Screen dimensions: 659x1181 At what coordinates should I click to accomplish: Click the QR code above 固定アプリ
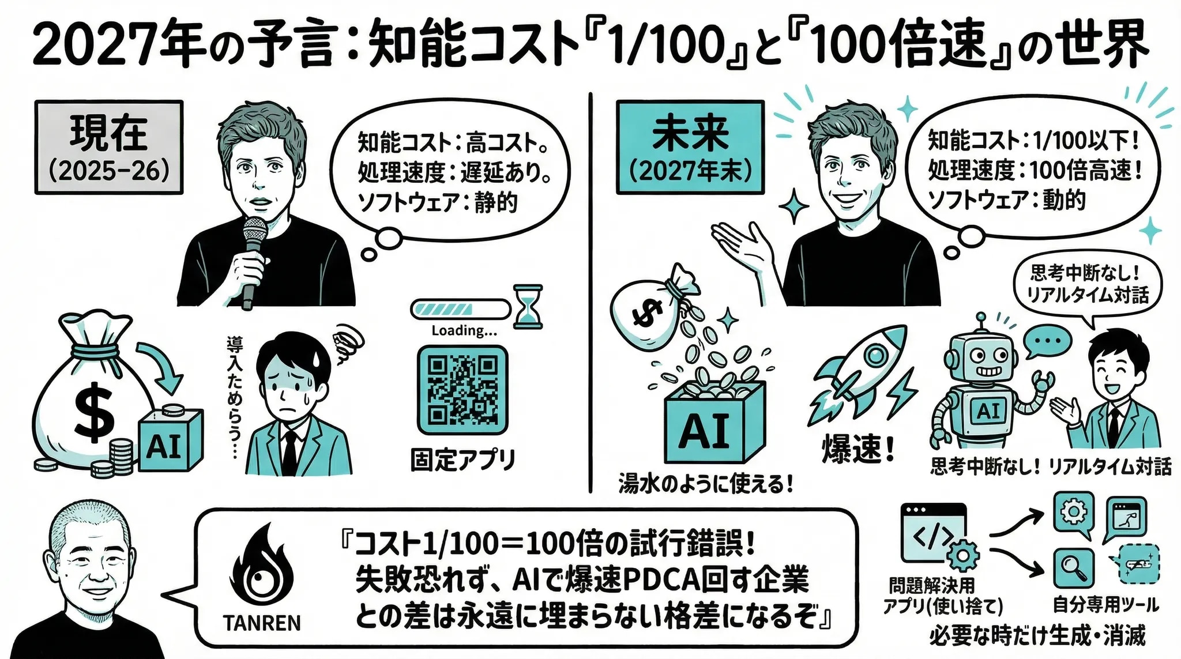pos(462,390)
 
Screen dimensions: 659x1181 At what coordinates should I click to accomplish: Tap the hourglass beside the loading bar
pos(528,307)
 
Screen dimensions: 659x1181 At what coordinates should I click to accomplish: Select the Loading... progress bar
pos(460,309)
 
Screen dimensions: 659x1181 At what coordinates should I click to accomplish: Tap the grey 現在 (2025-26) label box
pos(109,147)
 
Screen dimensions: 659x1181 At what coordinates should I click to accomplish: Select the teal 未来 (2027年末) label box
pos(690,147)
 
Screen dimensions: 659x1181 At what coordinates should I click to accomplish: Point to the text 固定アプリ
pos(462,460)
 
